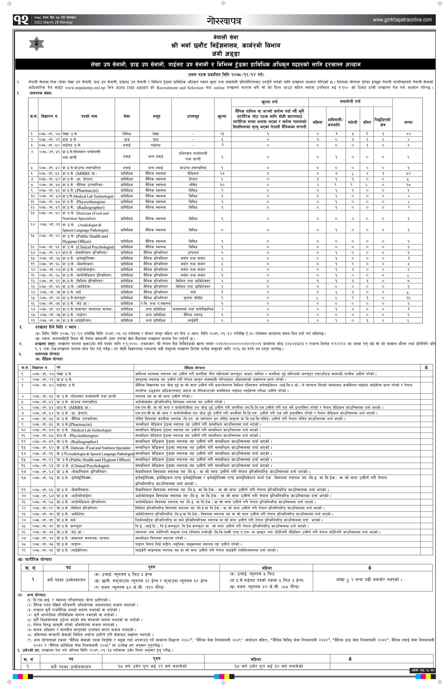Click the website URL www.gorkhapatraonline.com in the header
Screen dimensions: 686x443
403,20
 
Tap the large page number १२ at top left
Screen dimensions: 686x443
21,20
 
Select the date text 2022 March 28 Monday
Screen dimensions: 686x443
53,23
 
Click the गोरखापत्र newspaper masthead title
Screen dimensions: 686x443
224,20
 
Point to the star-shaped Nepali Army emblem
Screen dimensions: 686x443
36,44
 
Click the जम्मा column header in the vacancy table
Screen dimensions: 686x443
408,122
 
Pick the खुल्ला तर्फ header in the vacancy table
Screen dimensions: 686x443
270,102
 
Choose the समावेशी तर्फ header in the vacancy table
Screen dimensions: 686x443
350,102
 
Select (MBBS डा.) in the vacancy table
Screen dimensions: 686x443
86,173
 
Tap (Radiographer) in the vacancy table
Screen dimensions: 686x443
91,207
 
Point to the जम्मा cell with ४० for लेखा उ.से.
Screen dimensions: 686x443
408,134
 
